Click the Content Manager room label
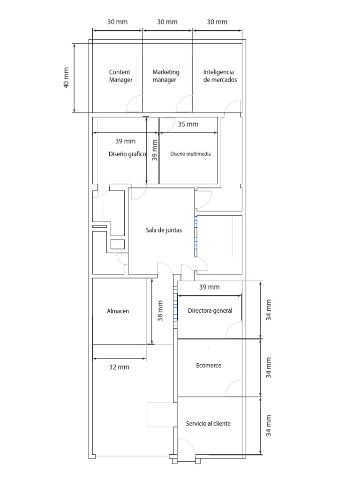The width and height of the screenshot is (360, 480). tap(120, 76)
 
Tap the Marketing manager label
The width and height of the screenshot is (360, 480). tap(166, 76)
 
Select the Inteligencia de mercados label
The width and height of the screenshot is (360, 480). tap(220, 76)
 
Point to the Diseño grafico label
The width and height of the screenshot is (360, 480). tap(127, 154)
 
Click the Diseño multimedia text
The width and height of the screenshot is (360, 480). tap(190, 154)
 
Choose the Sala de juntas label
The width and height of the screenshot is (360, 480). tap(164, 230)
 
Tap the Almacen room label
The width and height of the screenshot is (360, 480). tap(118, 311)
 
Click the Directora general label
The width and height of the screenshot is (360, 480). tap(210, 311)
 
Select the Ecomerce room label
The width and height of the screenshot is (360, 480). tap(209, 365)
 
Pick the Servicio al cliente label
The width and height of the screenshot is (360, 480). tap(208, 423)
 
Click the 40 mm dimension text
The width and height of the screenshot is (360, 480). tap(66, 78)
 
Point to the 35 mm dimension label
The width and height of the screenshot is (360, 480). tap(188, 124)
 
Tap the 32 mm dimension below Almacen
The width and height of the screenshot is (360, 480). tap(119, 367)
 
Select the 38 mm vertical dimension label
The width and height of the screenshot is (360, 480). tap(160, 311)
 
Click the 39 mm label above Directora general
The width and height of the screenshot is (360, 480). tap(210, 287)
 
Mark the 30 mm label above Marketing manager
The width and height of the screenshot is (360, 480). tap(167, 22)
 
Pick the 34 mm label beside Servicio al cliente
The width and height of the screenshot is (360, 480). tap(269, 426)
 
